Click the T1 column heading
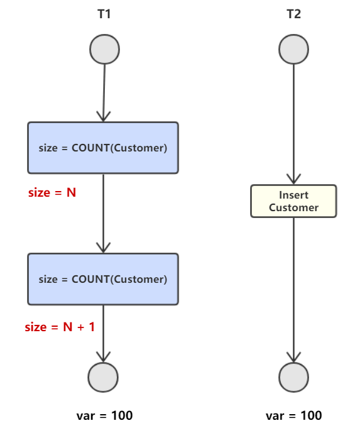(104, 14)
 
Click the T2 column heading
(293, 14)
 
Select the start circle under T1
(104, 49)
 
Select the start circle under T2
(293, 49)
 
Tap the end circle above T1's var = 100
(103, 377)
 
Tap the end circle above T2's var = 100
(293, 377)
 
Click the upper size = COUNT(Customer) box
(103, 148)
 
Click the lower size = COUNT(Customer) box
(103, 279)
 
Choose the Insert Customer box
(293, 201)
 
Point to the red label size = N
(52, 192)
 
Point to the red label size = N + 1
(60, 327)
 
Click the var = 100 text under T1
(104, 415)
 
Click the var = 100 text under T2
(293, 415)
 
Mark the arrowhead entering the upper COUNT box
(103, 116)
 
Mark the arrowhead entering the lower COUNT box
(103, 248)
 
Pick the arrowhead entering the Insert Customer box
(293, 179)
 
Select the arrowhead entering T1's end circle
(103, 357)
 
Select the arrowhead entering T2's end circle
(293, 357)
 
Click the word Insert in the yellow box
(293, 195)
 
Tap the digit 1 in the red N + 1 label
(92, 327)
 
